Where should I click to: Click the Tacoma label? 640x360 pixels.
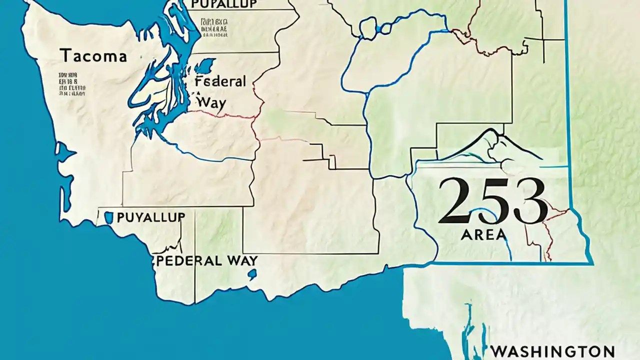pos(93,55)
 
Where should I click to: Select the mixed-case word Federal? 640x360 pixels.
pos(220,82)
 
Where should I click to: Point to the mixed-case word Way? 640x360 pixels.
pos(212,102)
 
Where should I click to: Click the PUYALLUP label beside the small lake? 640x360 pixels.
pos(150,217)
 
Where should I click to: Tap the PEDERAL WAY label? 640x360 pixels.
pos(207,260)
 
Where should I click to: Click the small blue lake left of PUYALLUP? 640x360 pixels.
pos(108,217)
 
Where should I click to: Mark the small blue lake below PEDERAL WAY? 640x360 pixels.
pos(252,273)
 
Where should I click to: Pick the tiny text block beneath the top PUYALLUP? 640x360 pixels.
pos(214,28)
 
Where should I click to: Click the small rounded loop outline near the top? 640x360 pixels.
pos(368,28)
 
